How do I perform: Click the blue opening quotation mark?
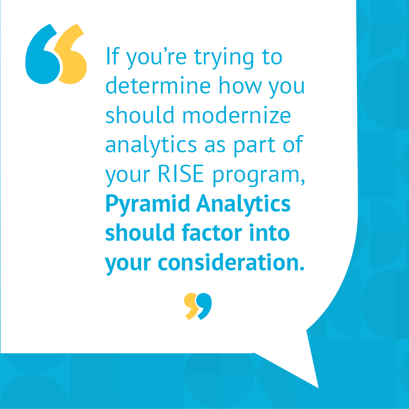42,60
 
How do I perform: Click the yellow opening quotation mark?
72,60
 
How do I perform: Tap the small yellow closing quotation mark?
191,306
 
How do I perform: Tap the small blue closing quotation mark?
204,306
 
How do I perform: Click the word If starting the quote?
112,57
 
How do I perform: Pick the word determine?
158,85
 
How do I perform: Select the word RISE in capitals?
181,174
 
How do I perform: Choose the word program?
259,176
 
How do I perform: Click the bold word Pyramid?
148,205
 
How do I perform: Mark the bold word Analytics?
243,205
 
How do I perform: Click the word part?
254,146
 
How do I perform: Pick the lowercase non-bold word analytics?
151,146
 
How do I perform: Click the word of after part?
293,144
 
